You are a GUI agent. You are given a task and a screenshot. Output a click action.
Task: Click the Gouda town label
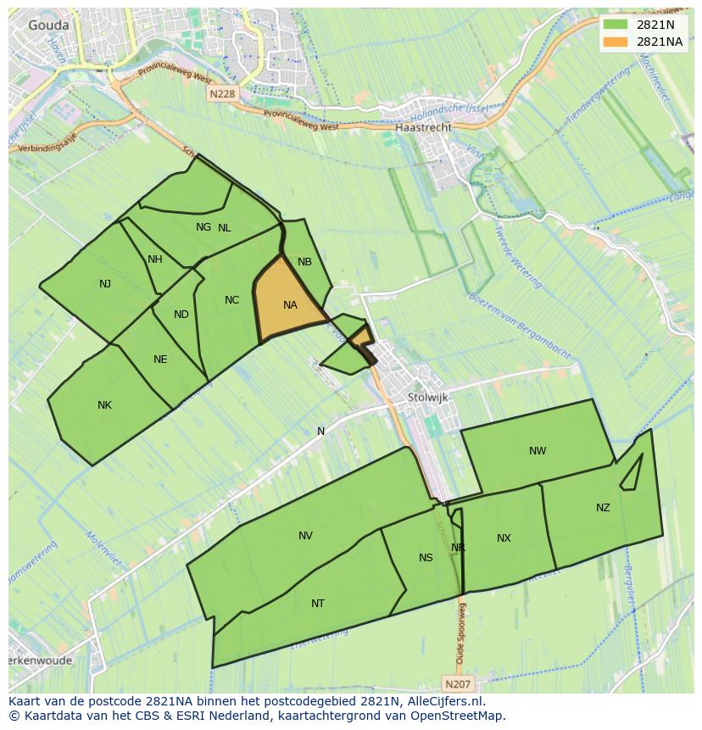pyautogui.click(x=48, y=25)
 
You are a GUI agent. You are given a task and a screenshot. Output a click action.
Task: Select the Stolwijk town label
pyautogui.click(x=427, y=397)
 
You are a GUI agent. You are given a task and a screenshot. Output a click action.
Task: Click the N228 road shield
pyautogui.click(x=221, y=95)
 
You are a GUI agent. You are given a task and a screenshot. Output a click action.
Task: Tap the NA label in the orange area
pyautogui.click(x=290, y=305)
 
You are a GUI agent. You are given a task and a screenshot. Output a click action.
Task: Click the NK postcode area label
pyautogui.click(x=104, y=405)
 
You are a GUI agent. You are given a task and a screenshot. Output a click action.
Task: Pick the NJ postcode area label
pyautogui.click(x=105, y=284)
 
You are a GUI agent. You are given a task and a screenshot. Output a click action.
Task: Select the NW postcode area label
pyautogui.click(x=538, y=451)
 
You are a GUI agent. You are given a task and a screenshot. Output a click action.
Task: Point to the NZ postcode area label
pyautogui.click(x=603, y=508)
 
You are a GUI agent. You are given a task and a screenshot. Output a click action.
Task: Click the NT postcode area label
pyautogui.click(x=318, y=604)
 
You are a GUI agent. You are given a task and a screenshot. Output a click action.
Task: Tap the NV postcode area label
pyautogui.click(x=305, y=536)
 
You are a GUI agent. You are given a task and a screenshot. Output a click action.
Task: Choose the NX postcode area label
pyautogui.click(x=504, y=538)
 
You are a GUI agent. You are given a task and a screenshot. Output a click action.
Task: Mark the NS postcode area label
pyautogui.click(x=426, y=558)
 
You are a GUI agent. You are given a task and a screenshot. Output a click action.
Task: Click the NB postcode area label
pyautogui.click(x=304, y=262)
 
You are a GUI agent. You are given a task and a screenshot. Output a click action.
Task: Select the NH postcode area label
pyautogui.click(x=154, y=259)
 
